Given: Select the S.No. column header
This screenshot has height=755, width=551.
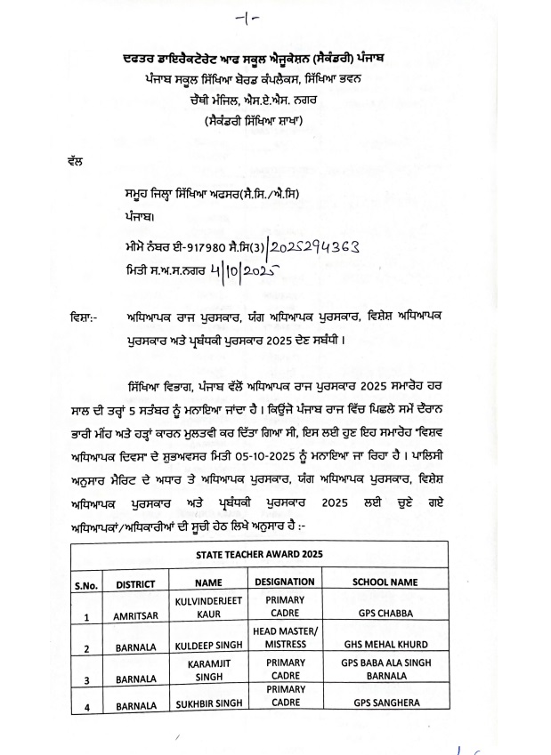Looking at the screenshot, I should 87,583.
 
